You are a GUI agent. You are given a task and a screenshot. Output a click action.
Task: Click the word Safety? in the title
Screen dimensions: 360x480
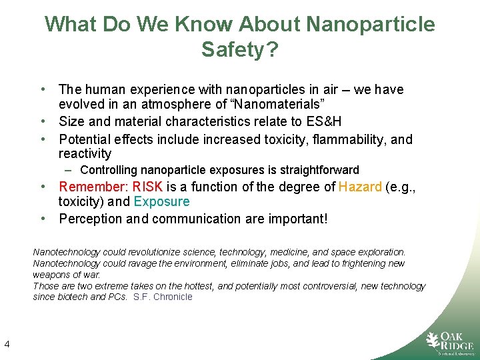pyautogui.click(x=239, y=49)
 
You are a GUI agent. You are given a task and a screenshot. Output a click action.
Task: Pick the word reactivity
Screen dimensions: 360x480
pyautogui.click(x=85, y=154)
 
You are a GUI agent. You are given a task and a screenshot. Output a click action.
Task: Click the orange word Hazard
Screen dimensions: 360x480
pyautogui.click(x=360, y=187)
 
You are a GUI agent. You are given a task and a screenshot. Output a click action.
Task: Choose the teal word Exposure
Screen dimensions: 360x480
pyautogui.click(x=161, y=202)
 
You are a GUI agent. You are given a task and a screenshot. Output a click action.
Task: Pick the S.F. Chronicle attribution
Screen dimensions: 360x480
pyautogui.click(x=163, y=297)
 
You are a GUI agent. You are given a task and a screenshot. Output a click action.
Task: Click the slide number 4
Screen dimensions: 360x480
pyautogui.click(x=6, y=344)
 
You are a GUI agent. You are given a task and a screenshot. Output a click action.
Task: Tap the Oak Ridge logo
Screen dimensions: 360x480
pyautogui.click(x=449, y=342)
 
